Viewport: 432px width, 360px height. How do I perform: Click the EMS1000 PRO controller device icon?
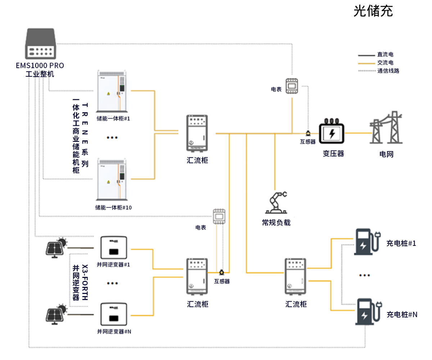point(40,44)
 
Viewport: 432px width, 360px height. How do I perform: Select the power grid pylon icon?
point(386,129)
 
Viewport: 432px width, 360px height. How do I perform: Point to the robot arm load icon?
point(276,203)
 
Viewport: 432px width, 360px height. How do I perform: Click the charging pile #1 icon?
point(366,242)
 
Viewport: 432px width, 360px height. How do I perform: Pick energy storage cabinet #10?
point(112,179)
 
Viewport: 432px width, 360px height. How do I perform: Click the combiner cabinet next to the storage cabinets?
point(197,133)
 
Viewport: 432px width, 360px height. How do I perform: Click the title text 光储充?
point(373,12)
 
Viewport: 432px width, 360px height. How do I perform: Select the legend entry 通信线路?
point(388,71)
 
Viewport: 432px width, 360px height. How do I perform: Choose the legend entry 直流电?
point(385,55)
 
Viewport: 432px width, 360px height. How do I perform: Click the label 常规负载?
point(276,222)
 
